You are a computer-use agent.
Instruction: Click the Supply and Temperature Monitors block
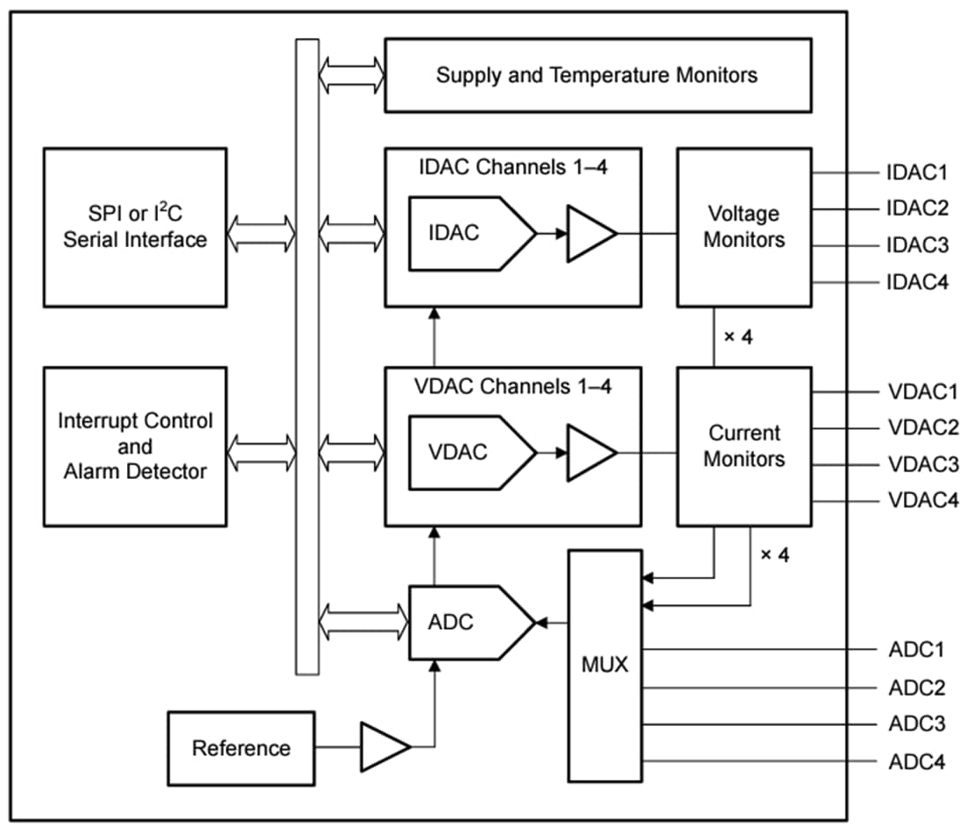597,75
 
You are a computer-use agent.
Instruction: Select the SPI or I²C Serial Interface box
135,228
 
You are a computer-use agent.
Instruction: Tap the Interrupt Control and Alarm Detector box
135,446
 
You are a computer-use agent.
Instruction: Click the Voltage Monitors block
743,227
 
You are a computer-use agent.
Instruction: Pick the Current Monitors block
743,446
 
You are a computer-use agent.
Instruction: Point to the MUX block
604,665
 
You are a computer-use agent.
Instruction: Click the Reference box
241,748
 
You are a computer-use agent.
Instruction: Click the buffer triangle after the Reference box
383,747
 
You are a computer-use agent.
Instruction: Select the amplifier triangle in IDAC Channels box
589,233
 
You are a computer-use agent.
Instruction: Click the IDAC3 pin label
917,245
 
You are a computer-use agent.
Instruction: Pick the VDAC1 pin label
922,391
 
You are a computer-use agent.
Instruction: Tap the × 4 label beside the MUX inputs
774,555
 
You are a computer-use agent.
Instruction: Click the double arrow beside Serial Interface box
262,233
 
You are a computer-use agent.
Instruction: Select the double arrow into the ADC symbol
352,622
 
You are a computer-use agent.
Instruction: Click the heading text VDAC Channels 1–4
512,386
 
